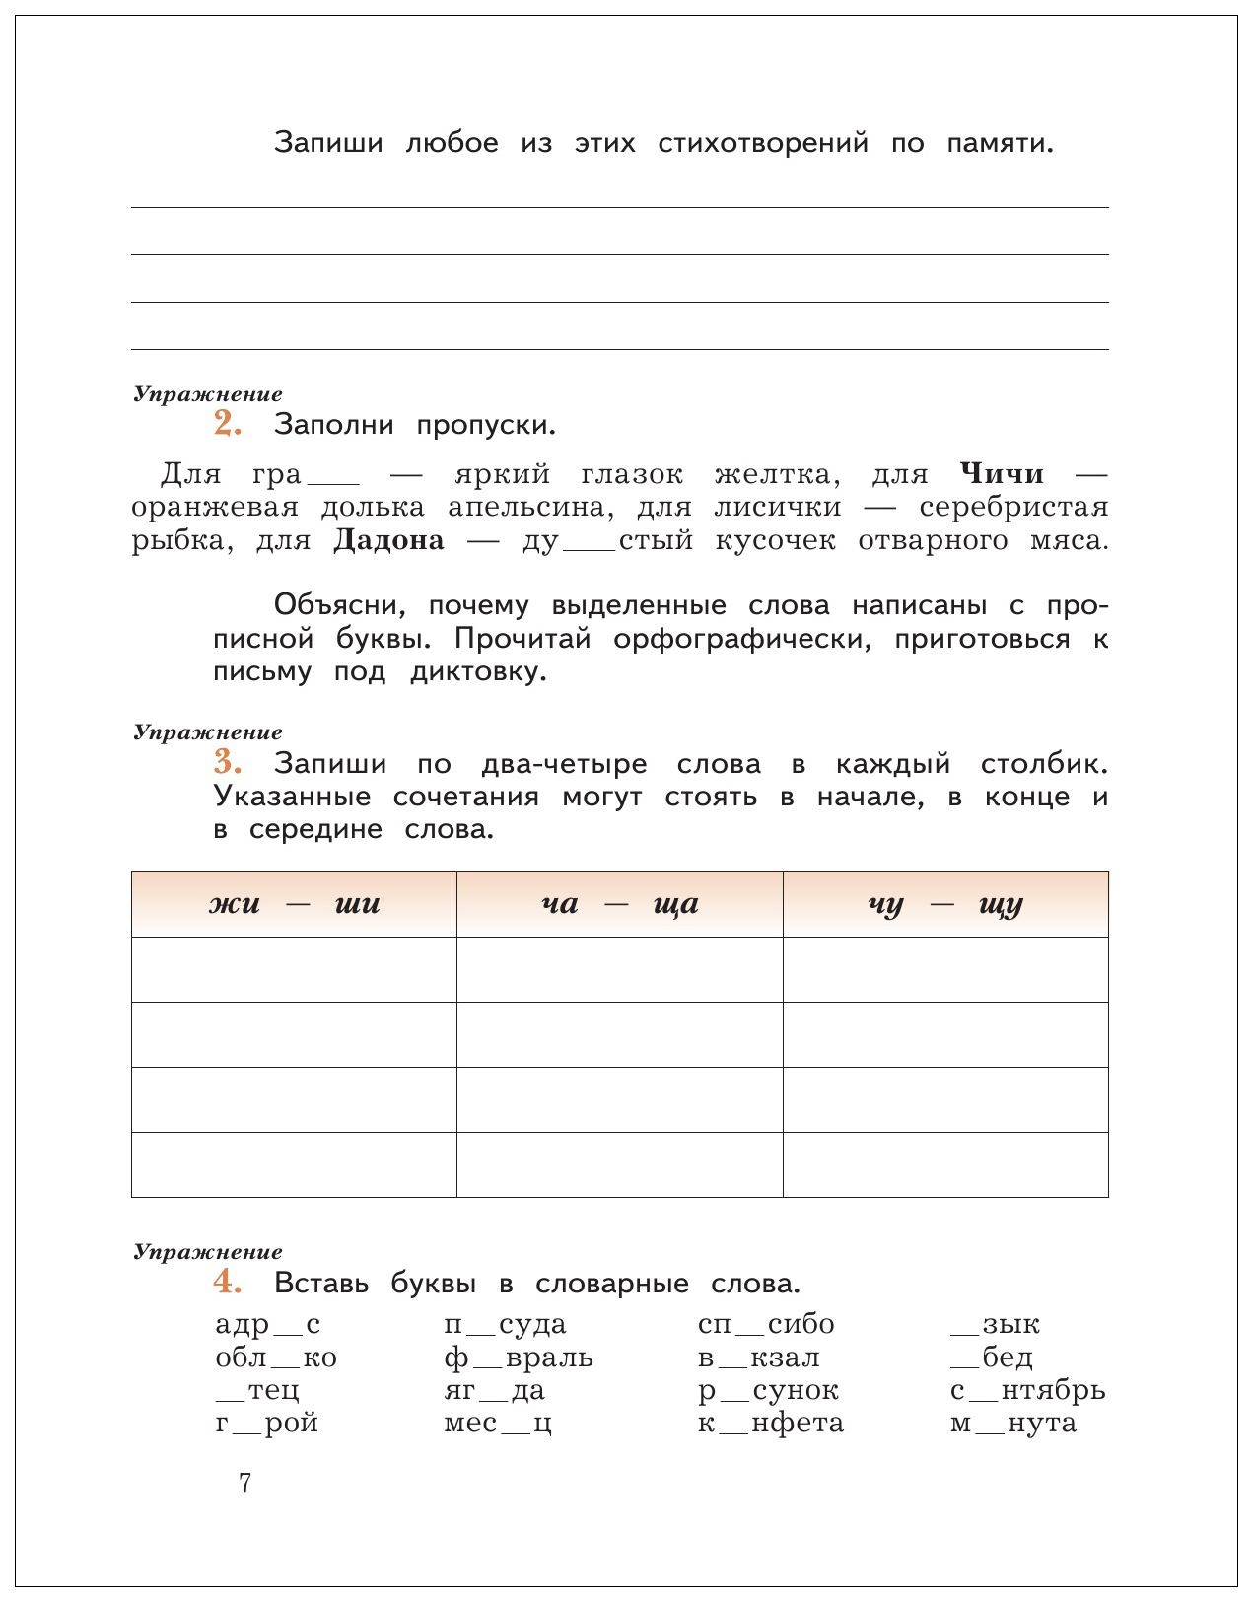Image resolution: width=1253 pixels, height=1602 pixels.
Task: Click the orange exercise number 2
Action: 227,423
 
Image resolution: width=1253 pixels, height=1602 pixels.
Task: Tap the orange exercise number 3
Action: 227,762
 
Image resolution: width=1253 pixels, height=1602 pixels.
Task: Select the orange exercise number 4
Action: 227,1282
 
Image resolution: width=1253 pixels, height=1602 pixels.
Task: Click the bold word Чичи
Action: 1002,474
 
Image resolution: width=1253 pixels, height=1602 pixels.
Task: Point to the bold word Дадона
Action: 388,540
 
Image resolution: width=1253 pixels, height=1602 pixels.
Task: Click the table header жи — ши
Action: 294,904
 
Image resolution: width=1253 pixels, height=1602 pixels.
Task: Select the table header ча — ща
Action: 619,904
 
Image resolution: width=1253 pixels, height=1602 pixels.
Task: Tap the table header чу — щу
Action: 945,904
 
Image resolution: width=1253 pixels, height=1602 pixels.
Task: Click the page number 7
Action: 245,1483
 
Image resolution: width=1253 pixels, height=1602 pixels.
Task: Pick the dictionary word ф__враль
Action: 519,1358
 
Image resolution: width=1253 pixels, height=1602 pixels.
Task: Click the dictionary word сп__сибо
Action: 766,1324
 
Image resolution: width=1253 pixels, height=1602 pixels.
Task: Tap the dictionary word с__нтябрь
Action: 1027,1390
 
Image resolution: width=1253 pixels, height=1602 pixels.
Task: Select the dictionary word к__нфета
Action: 771,1423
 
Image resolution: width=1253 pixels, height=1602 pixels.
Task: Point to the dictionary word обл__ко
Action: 276,1358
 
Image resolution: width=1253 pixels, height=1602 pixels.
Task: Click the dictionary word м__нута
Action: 1013,1423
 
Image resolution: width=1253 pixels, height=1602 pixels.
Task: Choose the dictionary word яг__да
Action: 494,1390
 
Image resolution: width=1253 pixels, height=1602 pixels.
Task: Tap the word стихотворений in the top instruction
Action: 763,143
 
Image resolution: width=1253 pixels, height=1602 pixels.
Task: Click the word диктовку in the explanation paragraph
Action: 477,672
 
